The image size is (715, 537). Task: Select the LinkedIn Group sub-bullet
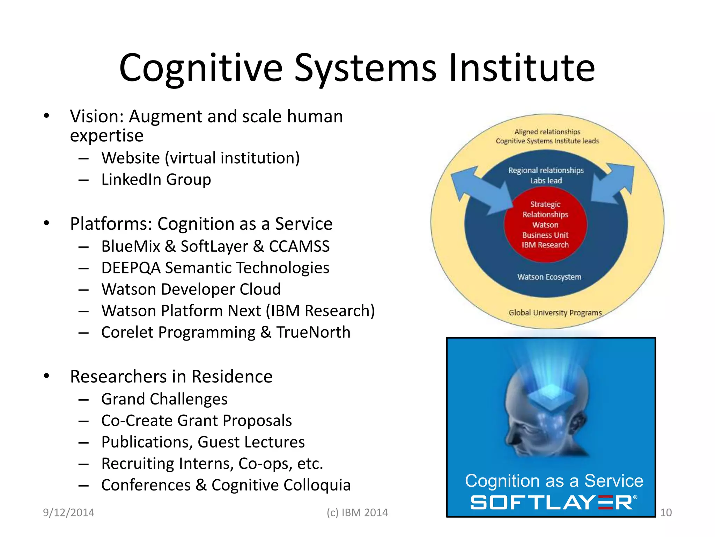pos(156,180)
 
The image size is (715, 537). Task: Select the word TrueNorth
pos(313,332)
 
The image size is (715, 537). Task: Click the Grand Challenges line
pos(164,399)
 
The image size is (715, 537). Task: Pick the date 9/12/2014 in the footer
pos(68,513)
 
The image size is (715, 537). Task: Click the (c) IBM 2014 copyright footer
pos(357,513)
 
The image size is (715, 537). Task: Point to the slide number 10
pos(666,513)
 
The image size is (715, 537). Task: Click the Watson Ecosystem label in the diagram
pos(549,277)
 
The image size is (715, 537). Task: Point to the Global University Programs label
pos(555,313)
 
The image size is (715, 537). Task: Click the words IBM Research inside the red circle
pos(545,245)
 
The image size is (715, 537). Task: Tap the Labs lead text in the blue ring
pos(546,181)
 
